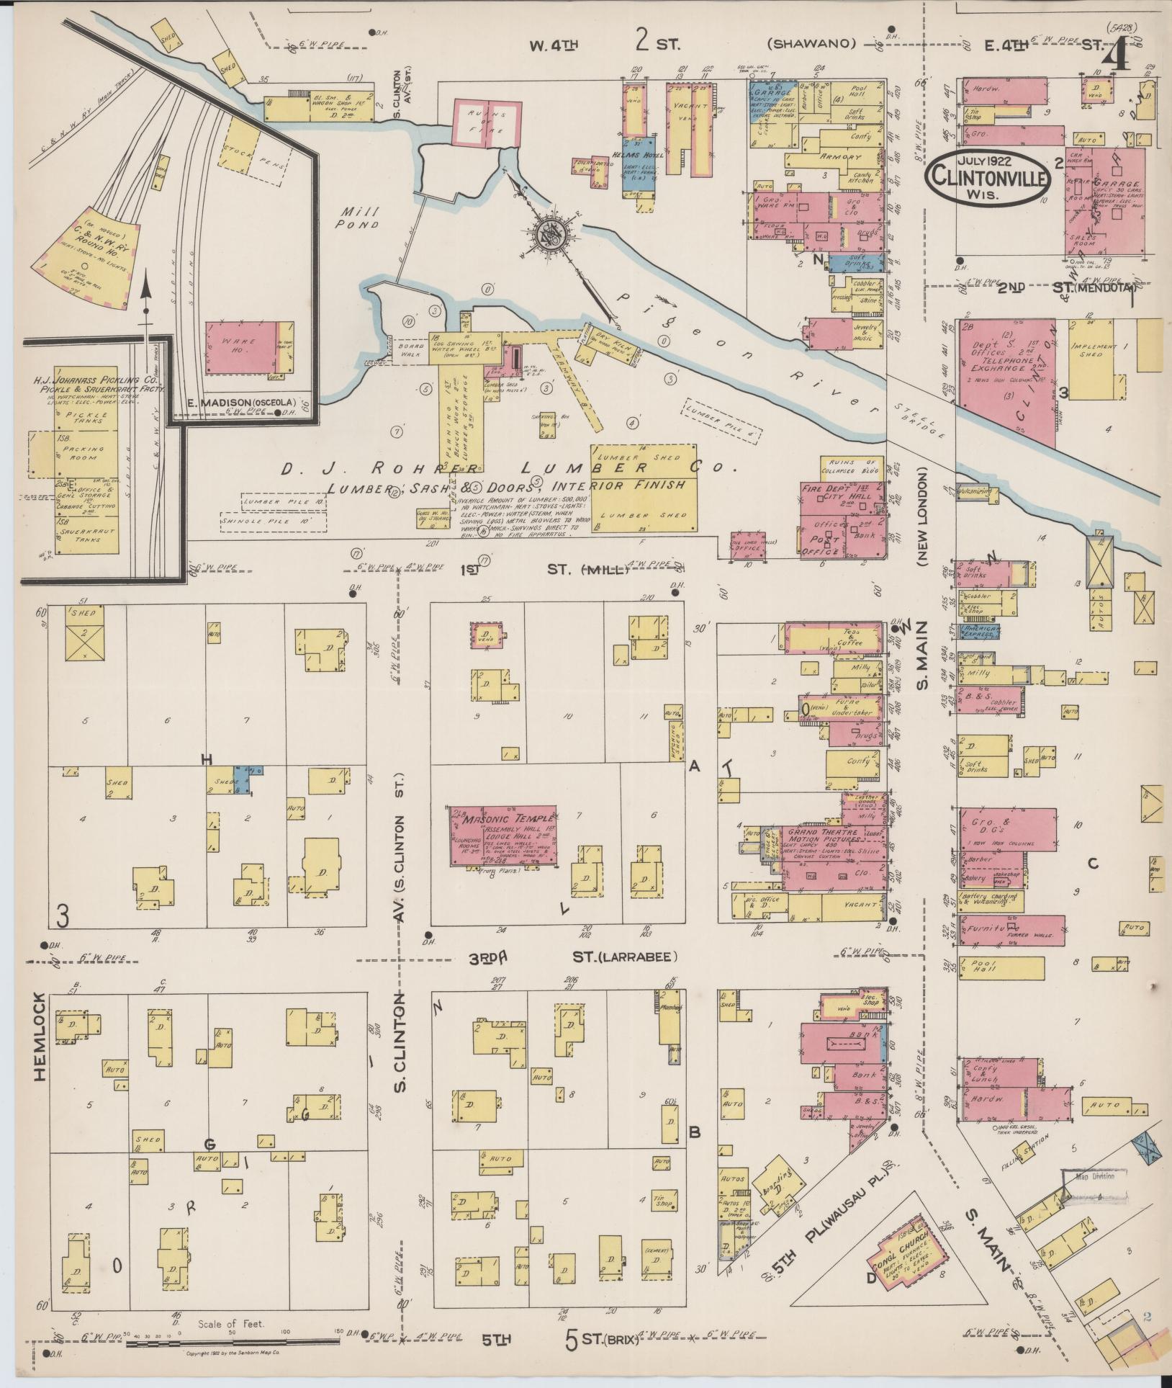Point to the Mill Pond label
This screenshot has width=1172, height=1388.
pyautogui.click(x=360, y=218)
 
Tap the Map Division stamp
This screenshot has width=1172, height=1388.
pyautogui.click(x=1094, y=1177)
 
